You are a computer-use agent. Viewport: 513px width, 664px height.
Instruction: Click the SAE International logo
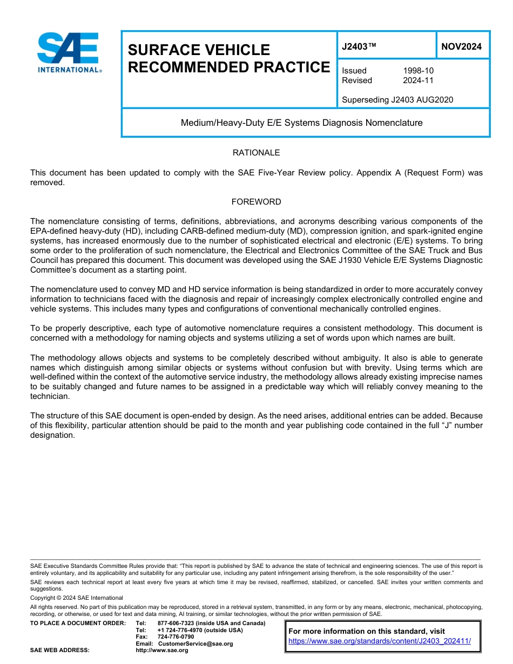(x=69, y=52)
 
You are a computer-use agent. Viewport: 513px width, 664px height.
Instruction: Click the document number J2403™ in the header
(x=359, y=46)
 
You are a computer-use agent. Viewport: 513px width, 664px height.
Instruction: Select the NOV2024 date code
(x=461, y=46)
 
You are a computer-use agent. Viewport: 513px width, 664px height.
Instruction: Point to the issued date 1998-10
(x=418, y=71)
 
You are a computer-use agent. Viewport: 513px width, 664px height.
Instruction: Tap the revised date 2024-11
(x=418, y=80)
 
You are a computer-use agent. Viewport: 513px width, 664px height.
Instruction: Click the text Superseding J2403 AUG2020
(x=397, y=99)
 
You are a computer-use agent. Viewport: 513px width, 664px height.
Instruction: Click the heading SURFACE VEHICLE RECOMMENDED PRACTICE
(x=228, y=58)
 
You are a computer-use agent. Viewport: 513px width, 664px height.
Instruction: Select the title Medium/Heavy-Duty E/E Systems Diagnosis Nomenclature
(x=301, y=123)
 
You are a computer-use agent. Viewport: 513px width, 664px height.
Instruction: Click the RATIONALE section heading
(x=256, y=153)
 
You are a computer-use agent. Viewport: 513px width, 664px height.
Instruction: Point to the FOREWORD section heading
(x=256, y=202)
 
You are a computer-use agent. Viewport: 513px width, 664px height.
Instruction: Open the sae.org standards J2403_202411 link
(x=380, y=641)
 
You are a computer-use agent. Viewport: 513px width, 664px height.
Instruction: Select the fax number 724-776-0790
(x=175, y=636)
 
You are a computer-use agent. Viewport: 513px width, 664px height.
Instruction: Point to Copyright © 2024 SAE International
(x=77, y=598)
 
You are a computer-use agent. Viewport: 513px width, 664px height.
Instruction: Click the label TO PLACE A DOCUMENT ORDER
(x=78, y=623)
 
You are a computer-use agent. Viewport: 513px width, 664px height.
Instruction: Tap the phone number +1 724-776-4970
(x=177, y=630)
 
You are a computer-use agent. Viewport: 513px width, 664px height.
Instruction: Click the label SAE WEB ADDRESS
(x=59, y=650)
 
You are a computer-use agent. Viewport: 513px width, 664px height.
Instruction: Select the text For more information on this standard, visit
(x=367, y=631)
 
